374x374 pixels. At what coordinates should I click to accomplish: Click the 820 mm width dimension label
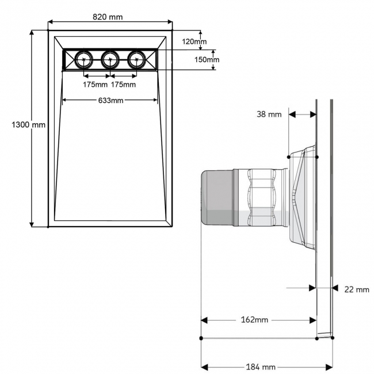(108, 16)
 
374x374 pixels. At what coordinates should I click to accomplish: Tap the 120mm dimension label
(194, 41)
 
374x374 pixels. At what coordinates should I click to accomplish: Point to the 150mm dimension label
(207, 59)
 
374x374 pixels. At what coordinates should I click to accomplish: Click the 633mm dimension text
(110, 101)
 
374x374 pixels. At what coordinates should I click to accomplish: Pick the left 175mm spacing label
(96, 85)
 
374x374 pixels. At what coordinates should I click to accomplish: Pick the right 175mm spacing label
(123, 85)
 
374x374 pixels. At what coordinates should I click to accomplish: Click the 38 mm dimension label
(269, 114)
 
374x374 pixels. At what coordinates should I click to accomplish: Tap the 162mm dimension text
(254, 319)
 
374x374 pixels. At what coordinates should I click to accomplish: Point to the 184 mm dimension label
(261, 367)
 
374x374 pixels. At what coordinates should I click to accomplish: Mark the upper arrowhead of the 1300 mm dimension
(32, 33)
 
